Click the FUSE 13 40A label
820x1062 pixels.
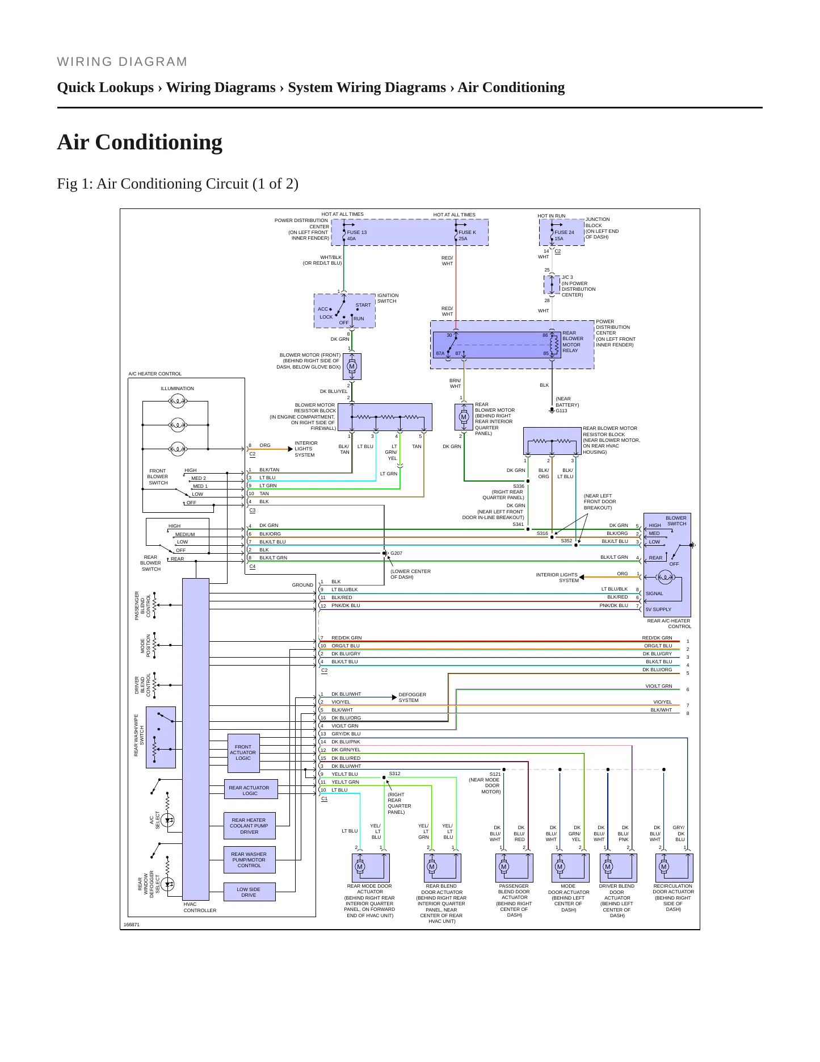coord(357,236)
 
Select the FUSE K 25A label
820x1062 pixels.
coord(467,236)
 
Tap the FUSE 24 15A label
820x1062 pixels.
coord(564,236)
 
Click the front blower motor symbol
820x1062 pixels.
coord(352,366)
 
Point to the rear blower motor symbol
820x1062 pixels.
coord(464,417)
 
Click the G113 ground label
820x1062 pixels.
coord(561,411)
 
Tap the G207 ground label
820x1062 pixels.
coord(396,553)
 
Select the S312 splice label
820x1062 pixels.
coord(394,773)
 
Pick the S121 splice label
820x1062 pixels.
coord(495,774)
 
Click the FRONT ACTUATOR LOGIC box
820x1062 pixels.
coord(243,753)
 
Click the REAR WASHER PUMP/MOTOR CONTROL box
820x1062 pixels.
coord(250,860)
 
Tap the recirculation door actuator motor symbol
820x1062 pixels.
coord(664,867)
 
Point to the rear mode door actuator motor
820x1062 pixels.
coord(360,867)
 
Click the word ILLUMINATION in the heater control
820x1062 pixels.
coord(177,388)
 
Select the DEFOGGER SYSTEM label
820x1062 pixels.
coord(412,697)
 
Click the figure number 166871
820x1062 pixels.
coord(132,925)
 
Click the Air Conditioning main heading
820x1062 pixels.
coord(140,142)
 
